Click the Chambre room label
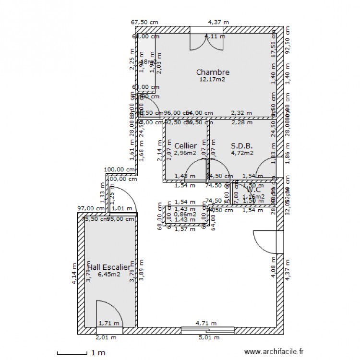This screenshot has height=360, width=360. (x=213, y=72)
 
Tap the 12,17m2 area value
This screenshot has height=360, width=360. (x=213, y=80)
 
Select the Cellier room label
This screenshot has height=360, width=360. (x=185, y=145)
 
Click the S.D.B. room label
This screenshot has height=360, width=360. (x=242, y=145)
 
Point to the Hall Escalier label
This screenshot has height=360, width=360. (x=108, y=267)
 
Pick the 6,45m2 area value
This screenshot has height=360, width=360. (x=108, y=275)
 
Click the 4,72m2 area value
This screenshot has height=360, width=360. (x=242, y=153)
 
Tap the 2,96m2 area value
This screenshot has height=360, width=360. (x=185, y=153)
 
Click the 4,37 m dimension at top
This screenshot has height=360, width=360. (x=218, y=22)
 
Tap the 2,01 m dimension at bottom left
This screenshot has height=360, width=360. (x=106, y=337)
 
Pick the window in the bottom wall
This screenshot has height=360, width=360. (x=207, y=330)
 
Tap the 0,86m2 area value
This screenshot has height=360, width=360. (x=185, y=214)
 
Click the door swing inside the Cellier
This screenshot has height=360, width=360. (x=196, y=170)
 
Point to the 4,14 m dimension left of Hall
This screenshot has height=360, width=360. (x=74, y=274)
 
